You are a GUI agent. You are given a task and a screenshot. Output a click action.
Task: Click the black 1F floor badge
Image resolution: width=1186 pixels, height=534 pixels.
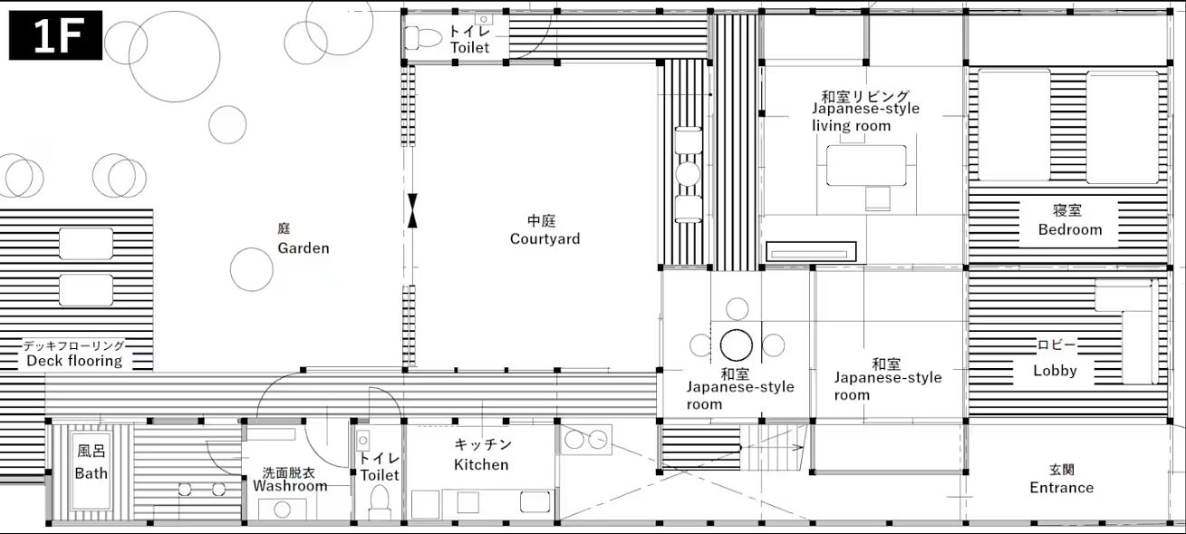[55, 35]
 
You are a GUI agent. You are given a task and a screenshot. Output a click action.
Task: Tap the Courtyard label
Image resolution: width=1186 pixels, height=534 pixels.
[545, 238]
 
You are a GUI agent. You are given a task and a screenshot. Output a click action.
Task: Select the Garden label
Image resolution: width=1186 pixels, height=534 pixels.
[304, 248]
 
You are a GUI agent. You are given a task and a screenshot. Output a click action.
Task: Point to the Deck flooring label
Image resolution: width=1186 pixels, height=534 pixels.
[74, 361]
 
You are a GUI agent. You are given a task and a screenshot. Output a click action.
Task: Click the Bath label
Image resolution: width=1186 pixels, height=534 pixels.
[92, 473]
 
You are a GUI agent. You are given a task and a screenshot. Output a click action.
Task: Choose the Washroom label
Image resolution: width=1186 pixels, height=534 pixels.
[290, 486]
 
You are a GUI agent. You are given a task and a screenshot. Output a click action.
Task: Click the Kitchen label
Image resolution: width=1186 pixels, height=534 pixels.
[481, 464]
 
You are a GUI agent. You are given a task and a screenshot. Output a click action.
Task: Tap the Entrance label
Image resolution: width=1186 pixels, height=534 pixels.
[1062, 488]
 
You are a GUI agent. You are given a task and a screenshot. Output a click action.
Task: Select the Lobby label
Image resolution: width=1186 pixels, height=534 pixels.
[1055, 370]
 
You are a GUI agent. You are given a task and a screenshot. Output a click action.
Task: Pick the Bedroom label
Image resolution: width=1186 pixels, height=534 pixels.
[1070, 229]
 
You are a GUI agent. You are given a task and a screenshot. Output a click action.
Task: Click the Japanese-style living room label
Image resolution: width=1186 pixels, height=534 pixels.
[865, 117]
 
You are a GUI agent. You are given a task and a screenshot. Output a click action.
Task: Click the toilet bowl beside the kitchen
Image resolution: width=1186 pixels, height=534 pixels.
[379, 501]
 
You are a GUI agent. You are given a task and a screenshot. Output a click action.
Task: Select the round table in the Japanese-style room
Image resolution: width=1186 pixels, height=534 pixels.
[736, 345]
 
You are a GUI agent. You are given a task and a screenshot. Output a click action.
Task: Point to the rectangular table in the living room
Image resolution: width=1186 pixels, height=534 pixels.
[866, 166]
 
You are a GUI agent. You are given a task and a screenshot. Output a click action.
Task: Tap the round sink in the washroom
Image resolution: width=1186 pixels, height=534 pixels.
[282, 510]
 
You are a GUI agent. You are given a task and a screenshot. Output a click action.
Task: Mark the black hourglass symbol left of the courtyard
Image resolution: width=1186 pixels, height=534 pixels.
[412, 210]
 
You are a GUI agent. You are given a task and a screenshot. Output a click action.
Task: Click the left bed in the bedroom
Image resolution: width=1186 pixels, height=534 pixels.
[1014, 125]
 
